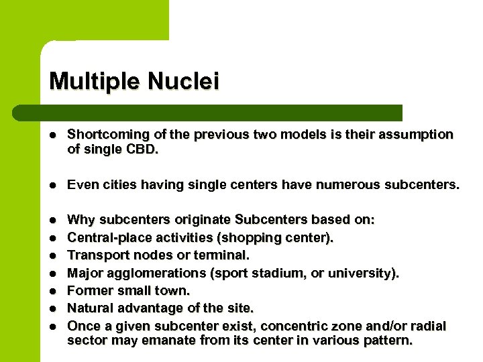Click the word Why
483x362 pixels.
coord(81,220)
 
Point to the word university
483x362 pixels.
coord(366,273)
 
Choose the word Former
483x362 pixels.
coord(89,290)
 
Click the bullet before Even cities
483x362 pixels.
coord(53,184)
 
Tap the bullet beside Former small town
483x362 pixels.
coord(53,291)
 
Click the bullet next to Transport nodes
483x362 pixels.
coord(53,255)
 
